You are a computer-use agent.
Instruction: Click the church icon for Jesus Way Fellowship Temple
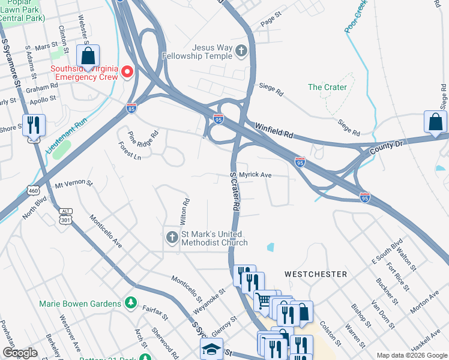point(241,51)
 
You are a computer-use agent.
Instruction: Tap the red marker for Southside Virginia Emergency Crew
point(127,73)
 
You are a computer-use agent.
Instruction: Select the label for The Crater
point(327,87)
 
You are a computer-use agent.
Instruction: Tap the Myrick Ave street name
point(256,175)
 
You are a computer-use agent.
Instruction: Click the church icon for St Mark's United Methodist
point(172,238)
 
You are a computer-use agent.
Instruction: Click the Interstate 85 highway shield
point(131,108)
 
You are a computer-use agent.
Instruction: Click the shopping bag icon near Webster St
point(88,58)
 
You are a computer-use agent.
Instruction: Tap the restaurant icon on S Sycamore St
point(34,125)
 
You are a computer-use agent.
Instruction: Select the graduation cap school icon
point(211,349)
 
